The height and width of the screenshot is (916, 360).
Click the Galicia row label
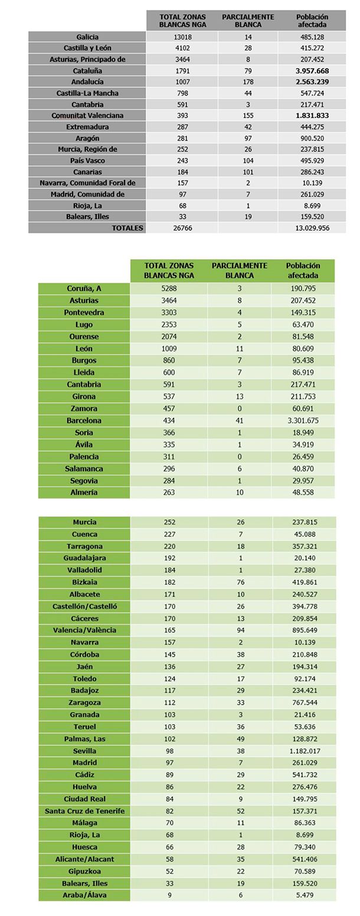point(87,37)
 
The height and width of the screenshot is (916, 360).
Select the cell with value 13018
point(182,37)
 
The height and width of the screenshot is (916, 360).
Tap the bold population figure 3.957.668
point(312,71)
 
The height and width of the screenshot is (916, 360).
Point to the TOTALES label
point(127,228)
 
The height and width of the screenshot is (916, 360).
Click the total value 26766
point(182,228)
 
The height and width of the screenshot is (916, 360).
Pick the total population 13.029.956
point(312,228)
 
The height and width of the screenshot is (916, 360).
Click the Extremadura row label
point(87,127)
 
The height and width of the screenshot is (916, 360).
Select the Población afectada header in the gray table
point(312,21)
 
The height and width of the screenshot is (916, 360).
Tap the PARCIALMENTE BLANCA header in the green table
point(240,270)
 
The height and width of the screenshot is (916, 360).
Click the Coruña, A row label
point(84,289)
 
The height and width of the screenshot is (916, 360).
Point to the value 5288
point(169,289)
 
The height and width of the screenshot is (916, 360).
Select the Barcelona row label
point(84,421)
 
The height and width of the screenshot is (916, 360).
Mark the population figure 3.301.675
point(303,421)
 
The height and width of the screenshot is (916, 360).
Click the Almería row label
point(84,492)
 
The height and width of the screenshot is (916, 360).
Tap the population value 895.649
point(305,630)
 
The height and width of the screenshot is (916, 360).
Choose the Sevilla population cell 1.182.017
point(305,751)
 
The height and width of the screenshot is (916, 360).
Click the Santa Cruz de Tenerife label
point(84,811)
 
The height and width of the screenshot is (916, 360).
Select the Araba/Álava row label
point(84,895)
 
